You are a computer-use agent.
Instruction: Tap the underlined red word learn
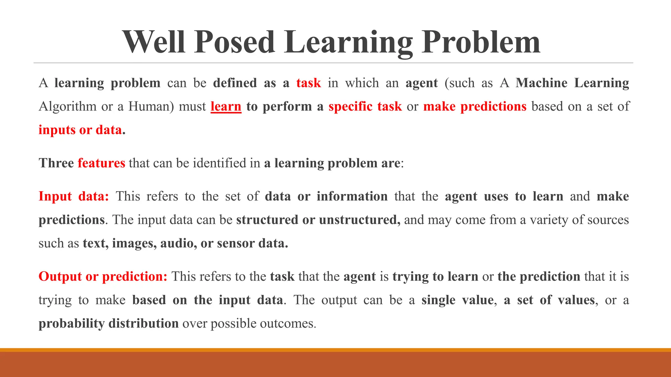tap(226, 106)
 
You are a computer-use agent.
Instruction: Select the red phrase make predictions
tap(475, 106)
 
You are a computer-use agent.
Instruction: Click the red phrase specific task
tap(365, 106)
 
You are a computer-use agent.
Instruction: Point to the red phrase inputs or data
tap(80, 130)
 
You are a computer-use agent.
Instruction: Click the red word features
tap(101, 163)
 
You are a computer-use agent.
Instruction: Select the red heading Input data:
tap(74, 196)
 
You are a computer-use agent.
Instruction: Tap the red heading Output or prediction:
tap(103, 277)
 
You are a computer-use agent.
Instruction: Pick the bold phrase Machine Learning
tap(572, 83)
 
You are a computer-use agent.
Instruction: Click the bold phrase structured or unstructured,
tap(318, 220)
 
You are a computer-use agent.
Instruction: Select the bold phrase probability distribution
tap(108, 323)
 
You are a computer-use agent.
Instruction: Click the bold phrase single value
tap(457, 300)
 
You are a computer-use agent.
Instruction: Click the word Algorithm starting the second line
tap(67, 106)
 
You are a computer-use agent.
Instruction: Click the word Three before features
tap(56, 163)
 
